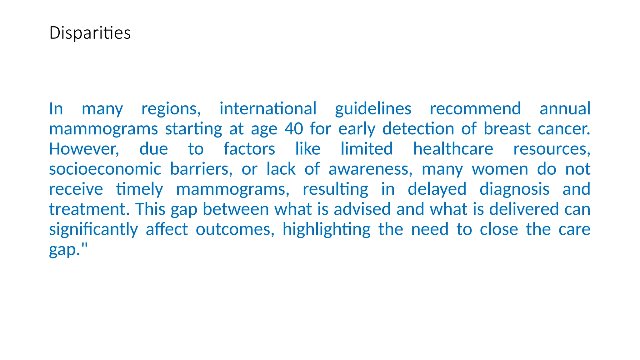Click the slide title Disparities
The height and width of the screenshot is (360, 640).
tap(90, 33)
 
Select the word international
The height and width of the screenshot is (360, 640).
tap(268, 109)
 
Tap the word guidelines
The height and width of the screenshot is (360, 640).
tap(373, 109)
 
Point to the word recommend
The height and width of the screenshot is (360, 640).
tap(475, 109)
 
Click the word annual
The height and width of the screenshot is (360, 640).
tap(565, 109)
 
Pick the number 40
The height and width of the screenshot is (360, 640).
tap(294, 129)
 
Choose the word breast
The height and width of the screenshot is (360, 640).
tap(507, 129)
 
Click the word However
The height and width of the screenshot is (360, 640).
tap(84, 149)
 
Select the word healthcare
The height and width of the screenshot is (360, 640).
tap(453, 149)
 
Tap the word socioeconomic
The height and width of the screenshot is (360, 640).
tap(105, 169)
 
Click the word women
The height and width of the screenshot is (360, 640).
tap(500, 169)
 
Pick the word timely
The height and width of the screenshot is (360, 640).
tap(139, 189)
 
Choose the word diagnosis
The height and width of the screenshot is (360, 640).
tap(514, 189)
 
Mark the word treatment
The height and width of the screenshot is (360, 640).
tap(89, 209)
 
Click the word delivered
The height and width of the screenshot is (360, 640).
tap(524, 209)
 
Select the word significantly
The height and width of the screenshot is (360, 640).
tap(93, 230)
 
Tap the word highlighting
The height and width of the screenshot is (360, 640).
tap(327, 230)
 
